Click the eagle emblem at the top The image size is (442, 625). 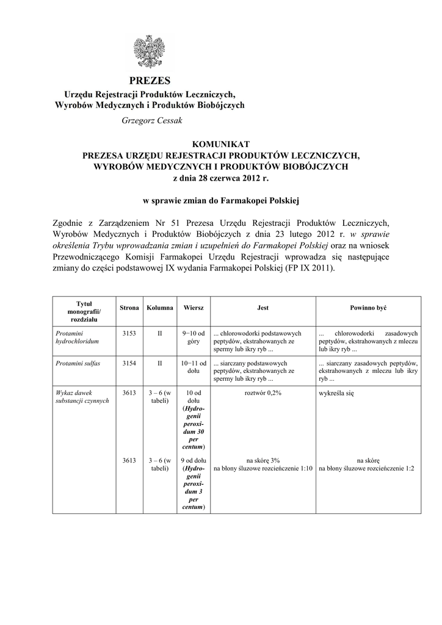click(x=150, y=51)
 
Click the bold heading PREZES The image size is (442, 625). click(x=150, y=81)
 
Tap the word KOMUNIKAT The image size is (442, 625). click(x=221, y=143)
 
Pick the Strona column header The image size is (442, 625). click(x=129, y=308)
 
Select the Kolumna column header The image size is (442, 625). click(x=160, y=308)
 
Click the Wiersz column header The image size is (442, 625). click(x=194, y=308)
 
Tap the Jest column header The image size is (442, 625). click(x=263, y=308)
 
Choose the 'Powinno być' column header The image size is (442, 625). click(x=368, y=308)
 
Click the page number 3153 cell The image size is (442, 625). click(x=129, y=333)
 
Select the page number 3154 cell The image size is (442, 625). click(x=129, y=363)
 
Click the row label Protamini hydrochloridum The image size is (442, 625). click(x=77, y=338)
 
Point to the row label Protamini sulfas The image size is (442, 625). click(x=78, y=363)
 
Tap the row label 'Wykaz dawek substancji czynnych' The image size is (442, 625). click(x=82, y=397)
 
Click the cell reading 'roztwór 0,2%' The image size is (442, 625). click(x=263, y=393)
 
